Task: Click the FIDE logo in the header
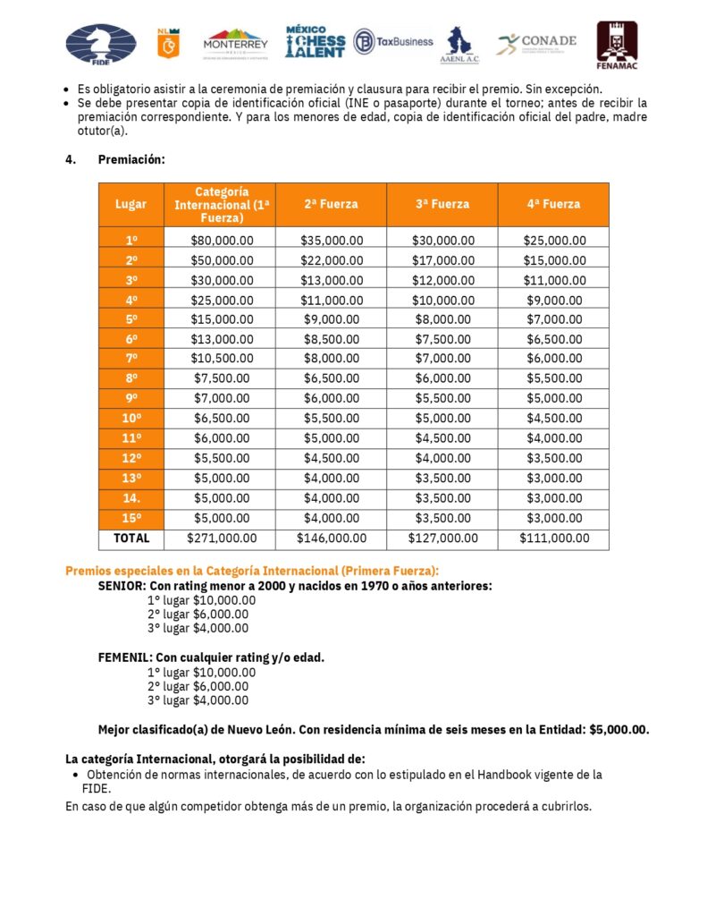point(101,44)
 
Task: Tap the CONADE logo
point(536,42)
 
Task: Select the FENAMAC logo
point(617,45)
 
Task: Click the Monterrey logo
point(235,43)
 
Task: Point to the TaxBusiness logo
point(393,41)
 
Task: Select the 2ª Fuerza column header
point(331,204)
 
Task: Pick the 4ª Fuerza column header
point(553,204)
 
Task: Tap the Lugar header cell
point(130,204)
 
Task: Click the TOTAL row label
point(130,539)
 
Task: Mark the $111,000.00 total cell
point(554,539)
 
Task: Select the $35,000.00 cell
point(331,241)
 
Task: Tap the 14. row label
point(130,498)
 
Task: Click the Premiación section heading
point(131,160)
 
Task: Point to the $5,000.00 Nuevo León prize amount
point(619,729)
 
